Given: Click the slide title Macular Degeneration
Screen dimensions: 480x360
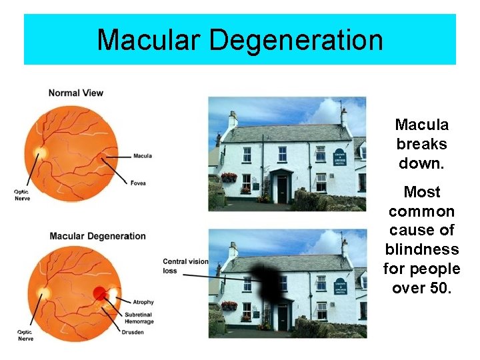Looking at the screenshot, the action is tap(240, 40).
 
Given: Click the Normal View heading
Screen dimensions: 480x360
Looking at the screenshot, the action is tap(76, 93).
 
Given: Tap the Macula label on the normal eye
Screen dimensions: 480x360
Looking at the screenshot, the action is tap(143, 156).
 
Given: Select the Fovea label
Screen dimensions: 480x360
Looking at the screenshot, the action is tap(139, 183).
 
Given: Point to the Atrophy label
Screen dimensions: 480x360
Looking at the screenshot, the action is tap(143, 302).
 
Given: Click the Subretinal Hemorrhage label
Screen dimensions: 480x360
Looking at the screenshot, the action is tap(139, 318).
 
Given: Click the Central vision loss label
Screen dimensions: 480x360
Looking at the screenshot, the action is tap(185, 266).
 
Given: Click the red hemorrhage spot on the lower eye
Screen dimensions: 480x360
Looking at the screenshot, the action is tap(100, 293).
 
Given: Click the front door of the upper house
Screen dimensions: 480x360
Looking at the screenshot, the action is tap(281, 187).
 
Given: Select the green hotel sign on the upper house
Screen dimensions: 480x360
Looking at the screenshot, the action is tap(340, 159).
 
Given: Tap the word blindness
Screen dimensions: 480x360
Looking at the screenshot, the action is tap(421, 249).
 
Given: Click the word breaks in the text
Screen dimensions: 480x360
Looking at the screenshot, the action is tap(421, 144).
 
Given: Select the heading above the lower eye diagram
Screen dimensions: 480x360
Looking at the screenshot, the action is tap(97, 236).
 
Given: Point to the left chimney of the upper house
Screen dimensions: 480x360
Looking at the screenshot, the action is tap(233, 120).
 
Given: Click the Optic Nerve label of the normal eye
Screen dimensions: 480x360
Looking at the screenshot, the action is tap(22, 195).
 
